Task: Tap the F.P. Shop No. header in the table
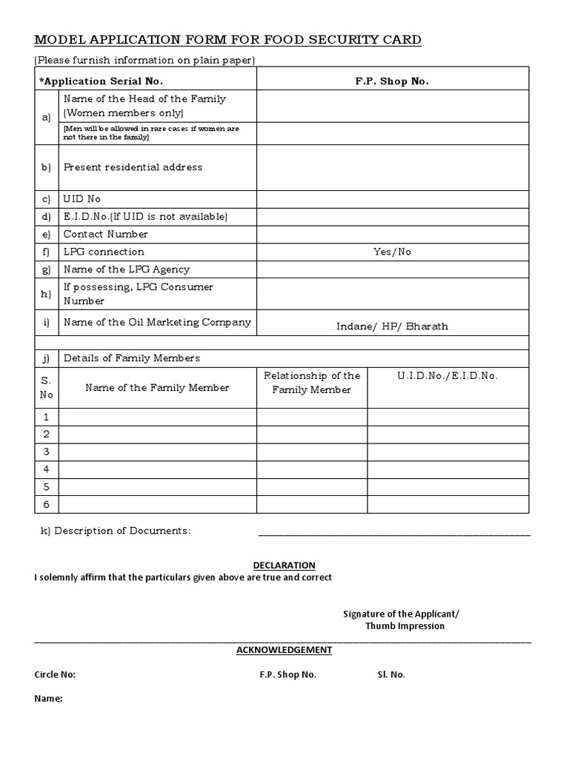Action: coord(392,81)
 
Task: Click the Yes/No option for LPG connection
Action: coord(392,252)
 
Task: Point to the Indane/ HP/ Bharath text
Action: coord(392,326)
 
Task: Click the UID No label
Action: coord(82,199)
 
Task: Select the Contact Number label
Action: coord(106,234)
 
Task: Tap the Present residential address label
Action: coord(133,167)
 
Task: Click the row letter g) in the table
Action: coord(47,269)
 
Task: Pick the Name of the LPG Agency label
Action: coord(127,269)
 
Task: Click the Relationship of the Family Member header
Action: coord(312,383)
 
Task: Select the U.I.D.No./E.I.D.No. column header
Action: coord(447,376)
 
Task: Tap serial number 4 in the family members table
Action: coord(46,469)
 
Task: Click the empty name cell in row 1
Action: coord(158,417)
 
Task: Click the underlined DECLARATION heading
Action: coord(284,566)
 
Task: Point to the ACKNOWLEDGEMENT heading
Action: coord(284,650)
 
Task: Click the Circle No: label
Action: coord(55,674)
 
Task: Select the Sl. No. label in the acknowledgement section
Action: coord(391,674)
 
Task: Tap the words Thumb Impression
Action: coord(405,625)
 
